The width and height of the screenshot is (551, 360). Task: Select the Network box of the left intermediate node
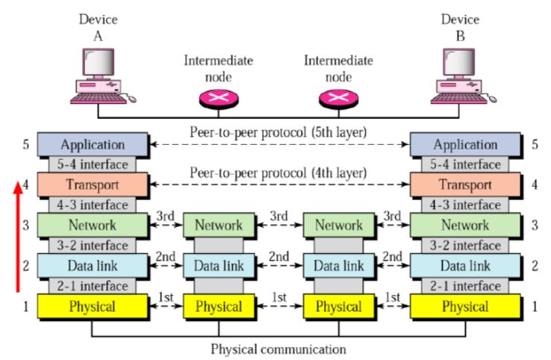tap(218, 225)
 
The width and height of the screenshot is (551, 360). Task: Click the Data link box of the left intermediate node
tap(218, 265)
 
